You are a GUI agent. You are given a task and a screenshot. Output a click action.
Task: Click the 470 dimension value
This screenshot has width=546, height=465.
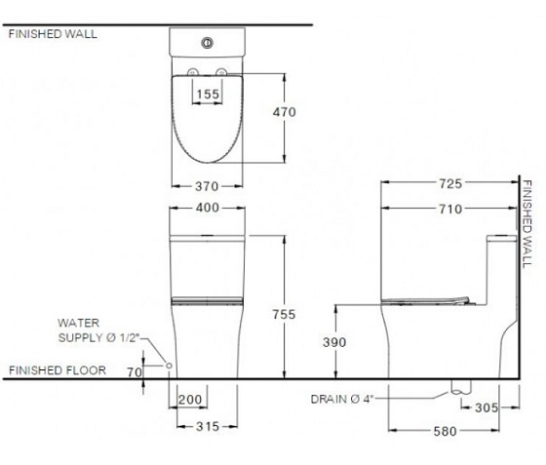coord(284,112)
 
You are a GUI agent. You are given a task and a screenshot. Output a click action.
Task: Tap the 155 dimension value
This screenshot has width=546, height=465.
coord(208,94)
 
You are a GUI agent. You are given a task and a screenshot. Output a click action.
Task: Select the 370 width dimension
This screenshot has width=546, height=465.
coord(207,186)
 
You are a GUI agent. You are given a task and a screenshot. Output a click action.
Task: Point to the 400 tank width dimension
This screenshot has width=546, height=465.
coord(207,208)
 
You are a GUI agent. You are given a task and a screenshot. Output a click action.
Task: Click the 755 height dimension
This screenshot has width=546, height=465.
coord(284,314)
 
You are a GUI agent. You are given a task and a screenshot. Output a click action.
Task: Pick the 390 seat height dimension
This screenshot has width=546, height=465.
coord(334,342)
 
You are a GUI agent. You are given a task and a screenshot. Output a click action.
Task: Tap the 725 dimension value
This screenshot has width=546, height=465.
coord(450,183)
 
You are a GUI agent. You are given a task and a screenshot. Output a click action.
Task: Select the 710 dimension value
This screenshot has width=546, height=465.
coord(450,209)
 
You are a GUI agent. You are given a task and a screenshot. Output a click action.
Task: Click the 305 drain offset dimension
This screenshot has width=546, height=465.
coord(487,407)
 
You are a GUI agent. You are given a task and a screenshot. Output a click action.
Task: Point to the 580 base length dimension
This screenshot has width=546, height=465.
coord(445,432)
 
